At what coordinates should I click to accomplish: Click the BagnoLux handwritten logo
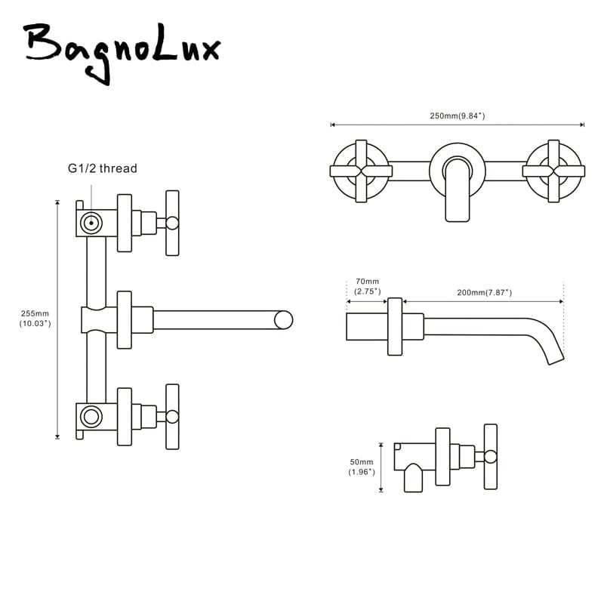[122, 52]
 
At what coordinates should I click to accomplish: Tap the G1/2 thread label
[103, 168]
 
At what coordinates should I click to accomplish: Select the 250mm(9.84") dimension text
[458, 116]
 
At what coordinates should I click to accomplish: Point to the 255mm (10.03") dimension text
[35, 319]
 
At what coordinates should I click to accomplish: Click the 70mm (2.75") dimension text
[367, 286]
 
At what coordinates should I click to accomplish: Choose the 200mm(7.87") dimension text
[484, 292]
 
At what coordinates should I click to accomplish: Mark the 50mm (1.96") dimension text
[362, 467]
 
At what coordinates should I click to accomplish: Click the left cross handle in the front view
[362, 171]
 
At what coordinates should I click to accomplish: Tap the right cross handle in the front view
[553, 171]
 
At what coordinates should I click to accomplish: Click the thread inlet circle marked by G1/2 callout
[91, 223]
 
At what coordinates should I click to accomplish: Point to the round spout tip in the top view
[284, 319]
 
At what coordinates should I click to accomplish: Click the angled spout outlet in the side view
[556, 359]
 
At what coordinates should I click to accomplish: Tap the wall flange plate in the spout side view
[395, 327]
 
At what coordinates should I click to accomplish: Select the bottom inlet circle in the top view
[91, 417]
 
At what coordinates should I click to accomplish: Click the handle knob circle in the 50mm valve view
[490, 457]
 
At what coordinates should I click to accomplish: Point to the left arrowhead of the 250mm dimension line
[333, 125]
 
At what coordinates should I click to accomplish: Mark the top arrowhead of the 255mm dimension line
[57, 202]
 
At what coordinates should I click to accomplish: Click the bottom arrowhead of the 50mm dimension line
[381, 489]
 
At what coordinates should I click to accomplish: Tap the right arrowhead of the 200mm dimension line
[561, 301]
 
